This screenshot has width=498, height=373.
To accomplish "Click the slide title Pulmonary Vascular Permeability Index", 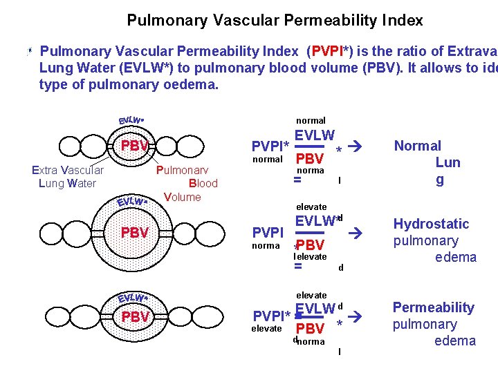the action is (275, 21).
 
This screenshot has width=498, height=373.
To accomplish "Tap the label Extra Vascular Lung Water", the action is (68, 177).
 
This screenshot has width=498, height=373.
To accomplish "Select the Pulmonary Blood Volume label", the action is (187, 183).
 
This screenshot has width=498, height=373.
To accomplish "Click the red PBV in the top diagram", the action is (135, 146).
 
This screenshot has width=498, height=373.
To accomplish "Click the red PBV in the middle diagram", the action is (135, 233).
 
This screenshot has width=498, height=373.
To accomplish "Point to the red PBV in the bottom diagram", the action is (135, 317).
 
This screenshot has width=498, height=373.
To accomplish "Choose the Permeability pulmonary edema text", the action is (434, 324).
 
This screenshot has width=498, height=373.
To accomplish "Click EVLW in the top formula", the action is (315, 136).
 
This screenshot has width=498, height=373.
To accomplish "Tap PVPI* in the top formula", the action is (270, 146).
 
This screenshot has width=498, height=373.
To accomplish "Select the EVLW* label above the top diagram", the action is (131, 120).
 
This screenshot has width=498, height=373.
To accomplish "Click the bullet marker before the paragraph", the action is (29, 52).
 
